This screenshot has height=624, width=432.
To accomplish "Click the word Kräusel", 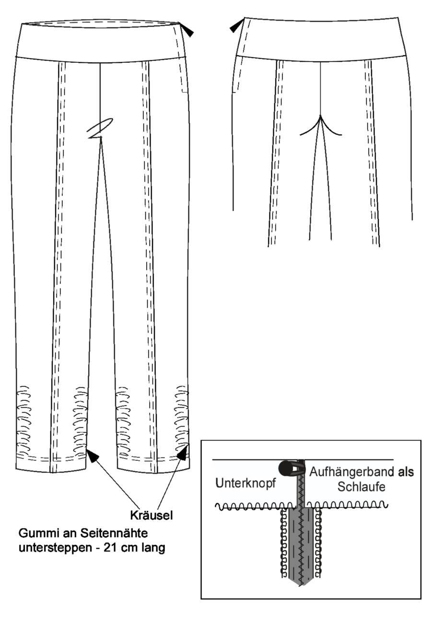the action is point(152,515).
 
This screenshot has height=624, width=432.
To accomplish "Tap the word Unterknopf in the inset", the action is point(245,483).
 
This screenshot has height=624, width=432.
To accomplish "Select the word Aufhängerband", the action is point(351,472).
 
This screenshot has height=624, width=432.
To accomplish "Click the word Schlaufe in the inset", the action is point(362,487).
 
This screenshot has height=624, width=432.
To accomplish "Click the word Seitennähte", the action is point(114,533).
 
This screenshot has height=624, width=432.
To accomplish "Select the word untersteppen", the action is point(55,548).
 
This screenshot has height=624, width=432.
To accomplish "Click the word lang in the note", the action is point(153,548).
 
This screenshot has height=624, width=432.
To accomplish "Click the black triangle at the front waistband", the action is point(188,32).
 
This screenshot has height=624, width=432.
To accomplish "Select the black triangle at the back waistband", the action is point(235,26).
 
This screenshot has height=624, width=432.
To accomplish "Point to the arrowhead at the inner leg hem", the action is point(93,456).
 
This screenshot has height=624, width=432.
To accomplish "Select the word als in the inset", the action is point(406,472).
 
